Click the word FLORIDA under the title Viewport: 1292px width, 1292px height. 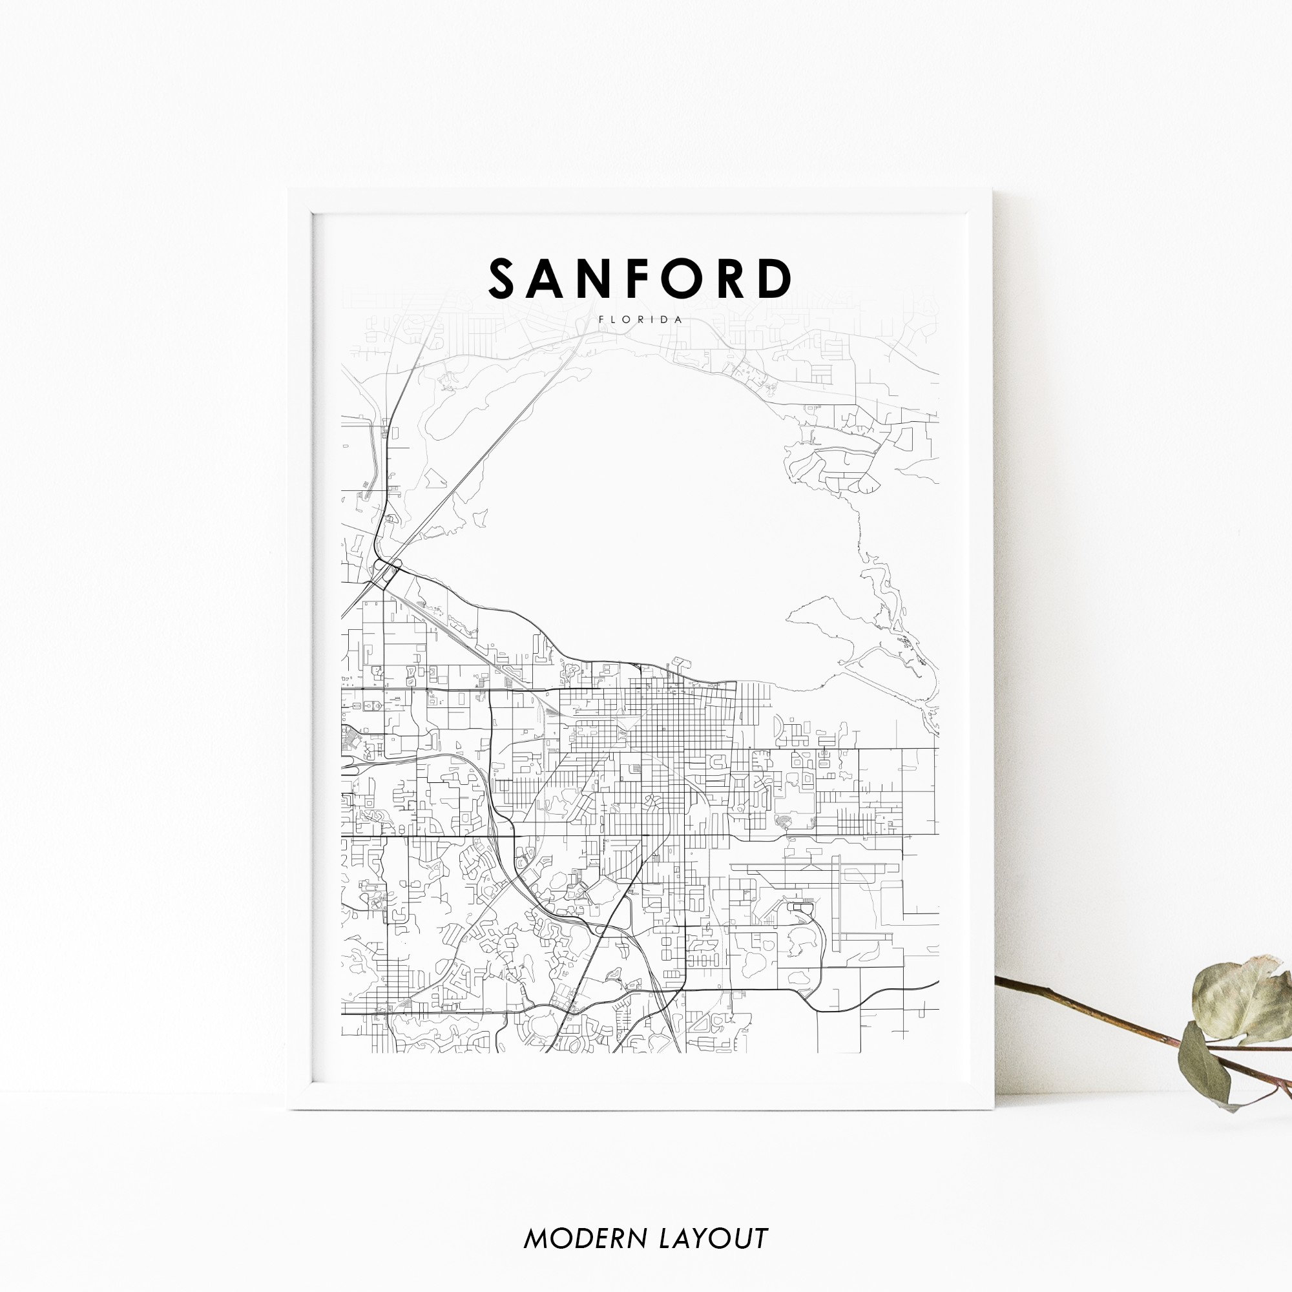click(641, 320)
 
